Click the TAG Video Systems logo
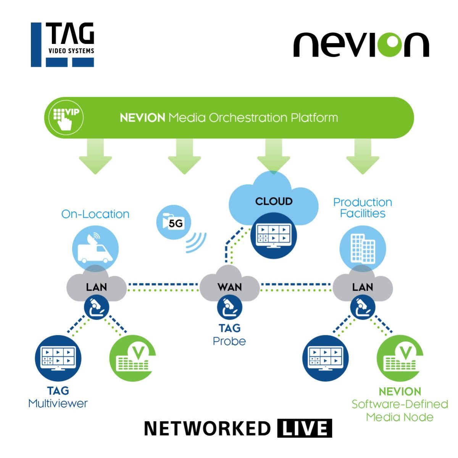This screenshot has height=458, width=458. click(x=63, y=45)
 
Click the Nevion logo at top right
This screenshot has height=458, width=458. click(x=361, y=45)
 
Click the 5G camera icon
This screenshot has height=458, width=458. click(x=174, y=222)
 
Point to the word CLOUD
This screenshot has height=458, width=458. click(x=274, y=201)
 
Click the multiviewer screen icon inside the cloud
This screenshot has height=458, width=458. click(x=273, y=236)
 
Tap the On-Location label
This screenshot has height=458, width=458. click(x=95, y=214)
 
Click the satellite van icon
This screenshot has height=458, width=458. click(x=95, y=249)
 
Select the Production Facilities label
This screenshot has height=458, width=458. click(x=363, y=207)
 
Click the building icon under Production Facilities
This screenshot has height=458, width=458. click(x=363, y=249)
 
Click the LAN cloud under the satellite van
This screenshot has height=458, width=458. click(x=96, y=286)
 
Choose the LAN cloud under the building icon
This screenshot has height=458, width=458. click(x=363, y=286)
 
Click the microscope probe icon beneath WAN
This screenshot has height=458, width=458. click(x=229, y=308)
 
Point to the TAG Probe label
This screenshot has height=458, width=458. click(x=229, y=335)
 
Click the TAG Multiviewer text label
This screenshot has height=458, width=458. click(x=58, y=397)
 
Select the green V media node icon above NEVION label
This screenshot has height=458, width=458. click(x=400, y=358)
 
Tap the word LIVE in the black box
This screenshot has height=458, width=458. click(x=304, y=429)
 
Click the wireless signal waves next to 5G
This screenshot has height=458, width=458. click(x=196, y=242)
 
